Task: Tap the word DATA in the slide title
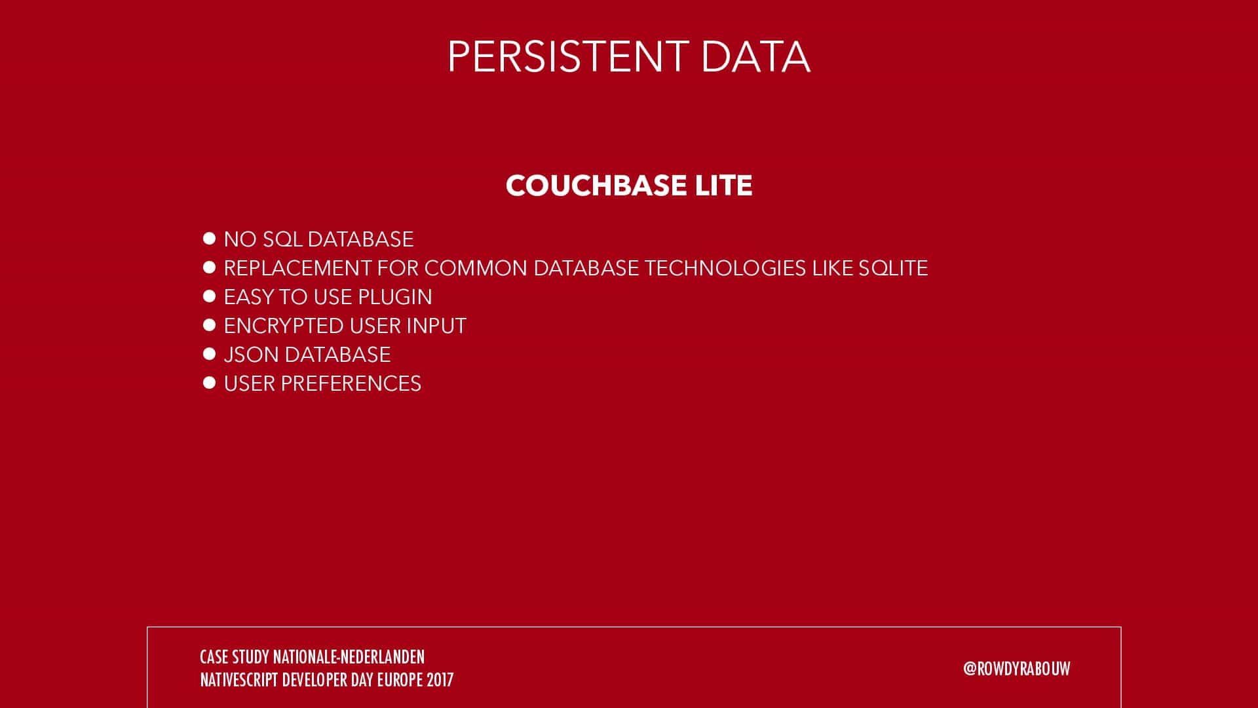pyautogui.click(x=755, y=56)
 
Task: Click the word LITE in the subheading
pyautogui.click(x=723, y=186)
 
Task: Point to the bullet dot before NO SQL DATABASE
pyautogui.click(x=210, y=239)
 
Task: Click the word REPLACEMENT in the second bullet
pyautogui.click(x=298, y=268)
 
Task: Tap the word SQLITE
pyautogui.click(x=893, y=268)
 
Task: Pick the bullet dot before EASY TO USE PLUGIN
pyautogui.click(x=210, y=296)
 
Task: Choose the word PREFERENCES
pyautogui.click(x=351, y=383)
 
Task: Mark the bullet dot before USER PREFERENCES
pyautogui.click(x=210, y=383)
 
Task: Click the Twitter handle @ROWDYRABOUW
pyautogui.click(x=1017, y=669)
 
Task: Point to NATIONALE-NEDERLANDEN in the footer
pyautogui.click(x=349, y=657)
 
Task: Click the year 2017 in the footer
pyautogui.click(x=440, y=680)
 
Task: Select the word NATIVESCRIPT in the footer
pyautogui.click(x=239, y=680)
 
